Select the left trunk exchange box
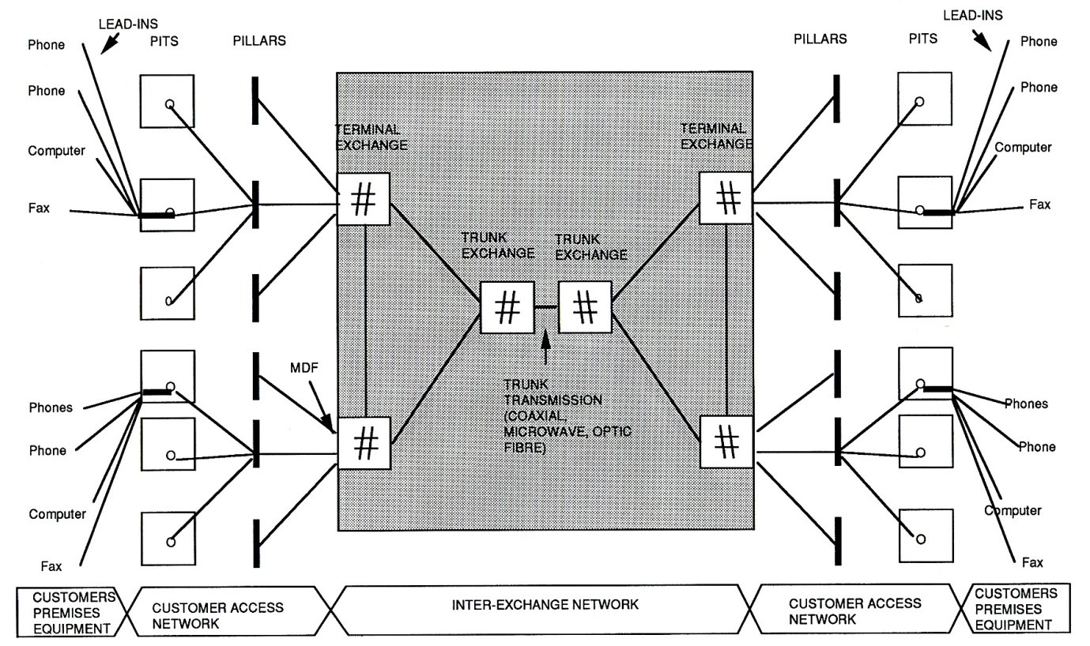(507, 306)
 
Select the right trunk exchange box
(585, 306)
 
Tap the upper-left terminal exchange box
(364, 198)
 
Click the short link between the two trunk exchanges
(546, 306)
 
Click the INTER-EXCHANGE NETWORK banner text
(545, 606)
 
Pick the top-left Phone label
(46, 45)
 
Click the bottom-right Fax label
(1032, 562)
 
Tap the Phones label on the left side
(50, 408)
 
